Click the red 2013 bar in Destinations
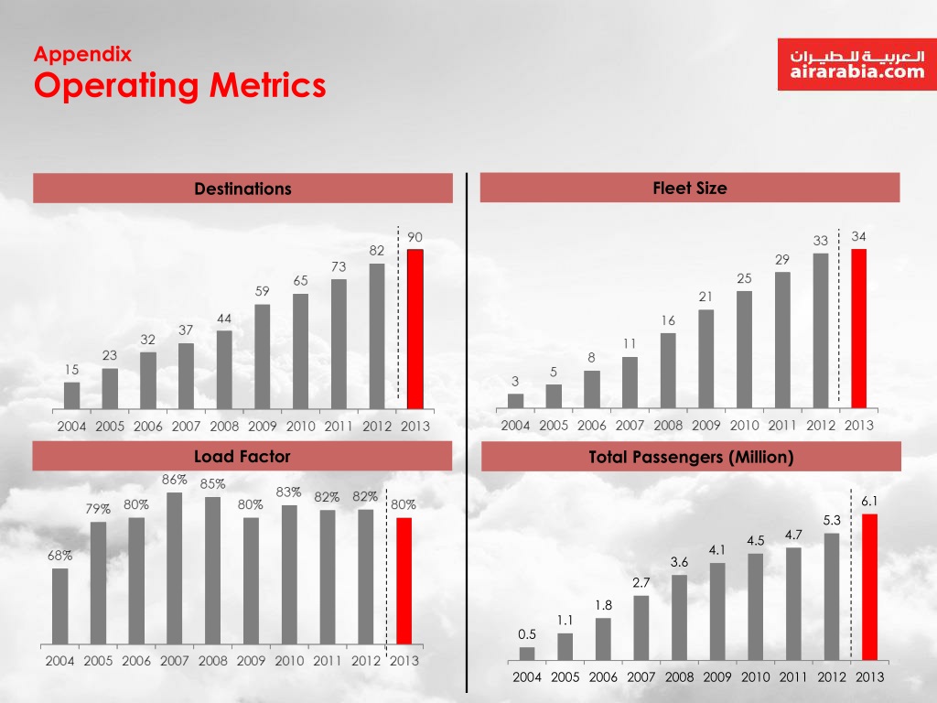click(415, 329)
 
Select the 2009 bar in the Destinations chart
click(262, 356)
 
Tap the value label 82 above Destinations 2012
click(377, 250)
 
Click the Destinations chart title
click(242, 189)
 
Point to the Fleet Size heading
click(690, 188)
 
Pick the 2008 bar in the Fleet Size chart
click(668, 370)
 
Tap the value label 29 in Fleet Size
click(781, 260)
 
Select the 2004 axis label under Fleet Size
click(515, 426)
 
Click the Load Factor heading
click(242, 456)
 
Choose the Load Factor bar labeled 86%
click(174, 568)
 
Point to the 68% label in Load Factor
click(60, 556)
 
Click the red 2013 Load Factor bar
click(404, 580)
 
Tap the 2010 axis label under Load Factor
click(289, 660)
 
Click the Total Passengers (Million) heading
click(691, 457)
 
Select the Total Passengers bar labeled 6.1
click(869, 586)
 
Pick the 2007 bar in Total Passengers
click(641, 628)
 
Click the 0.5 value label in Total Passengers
click(526, 633)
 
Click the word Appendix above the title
click(82, 54)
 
